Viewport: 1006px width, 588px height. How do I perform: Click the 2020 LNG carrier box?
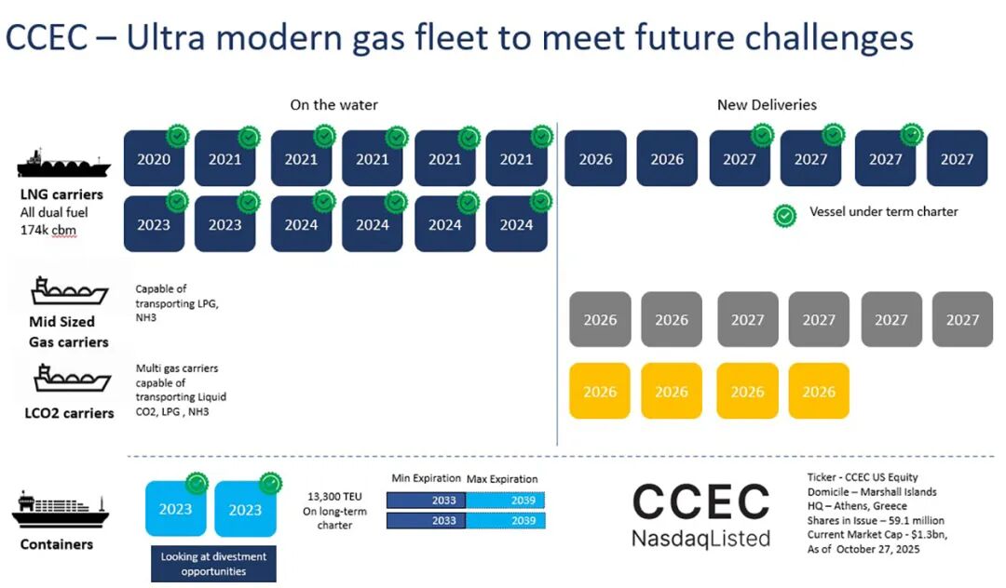tap(154, 158)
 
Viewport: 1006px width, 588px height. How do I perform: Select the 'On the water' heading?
tap(333, 105)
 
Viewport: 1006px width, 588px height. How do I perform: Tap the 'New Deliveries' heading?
tap(767, 105)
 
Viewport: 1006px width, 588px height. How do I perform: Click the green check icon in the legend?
tap(784, 216)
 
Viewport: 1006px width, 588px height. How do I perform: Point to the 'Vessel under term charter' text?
tap(883, 211)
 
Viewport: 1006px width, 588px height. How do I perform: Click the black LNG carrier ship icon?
tap(63, 163)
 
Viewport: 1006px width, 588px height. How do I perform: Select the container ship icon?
tap(61, 511)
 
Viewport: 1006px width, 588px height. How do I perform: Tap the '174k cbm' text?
tap(48, 230)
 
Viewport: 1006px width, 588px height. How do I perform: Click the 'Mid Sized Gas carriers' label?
tap(68, 332)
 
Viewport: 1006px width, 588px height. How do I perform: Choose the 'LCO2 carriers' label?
tap(69, 413)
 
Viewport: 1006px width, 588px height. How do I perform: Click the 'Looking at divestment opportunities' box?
tap(213, 564)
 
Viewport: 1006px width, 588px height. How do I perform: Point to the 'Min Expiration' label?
tap(426, 478)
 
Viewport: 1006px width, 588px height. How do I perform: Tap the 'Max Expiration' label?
tap(502, 479)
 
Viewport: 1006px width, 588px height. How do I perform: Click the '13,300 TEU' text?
tap(334, 497)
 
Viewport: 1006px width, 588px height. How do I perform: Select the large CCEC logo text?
tap(700, 502)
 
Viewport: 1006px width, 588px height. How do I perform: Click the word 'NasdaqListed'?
tap(700, 538)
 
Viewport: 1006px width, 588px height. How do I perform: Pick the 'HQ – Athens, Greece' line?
tap(857, 506)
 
